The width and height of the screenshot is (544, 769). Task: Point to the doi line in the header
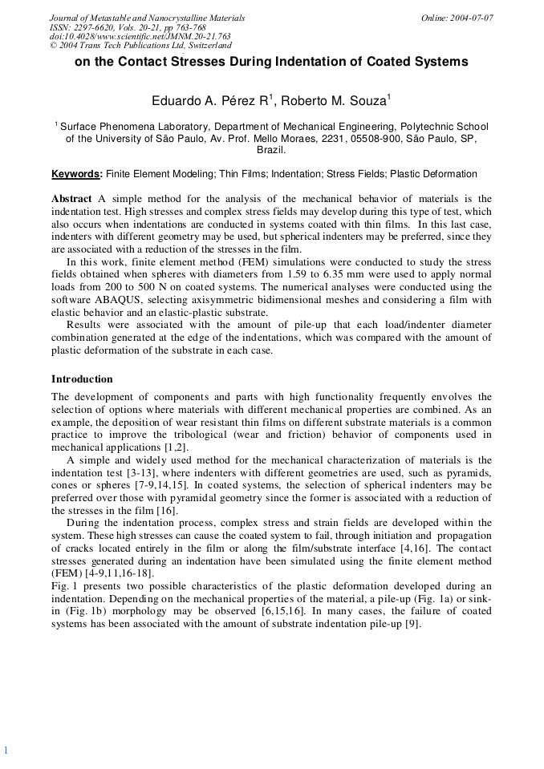tap(140, 36)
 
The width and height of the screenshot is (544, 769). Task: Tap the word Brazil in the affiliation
tap(271, 149)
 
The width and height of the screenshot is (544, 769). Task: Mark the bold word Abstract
tap(71, 199)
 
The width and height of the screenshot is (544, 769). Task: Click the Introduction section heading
tap(82, 379)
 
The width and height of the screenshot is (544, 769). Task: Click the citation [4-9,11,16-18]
tap(115, 573)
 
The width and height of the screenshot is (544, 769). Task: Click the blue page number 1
tap(5, 750)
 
